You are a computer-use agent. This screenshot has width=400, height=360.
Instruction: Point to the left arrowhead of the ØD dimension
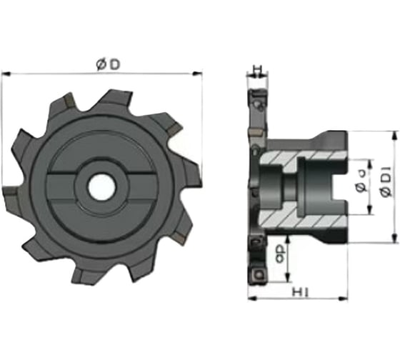(5, 72)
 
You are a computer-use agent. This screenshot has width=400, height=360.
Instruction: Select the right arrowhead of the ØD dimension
(199, 72)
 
